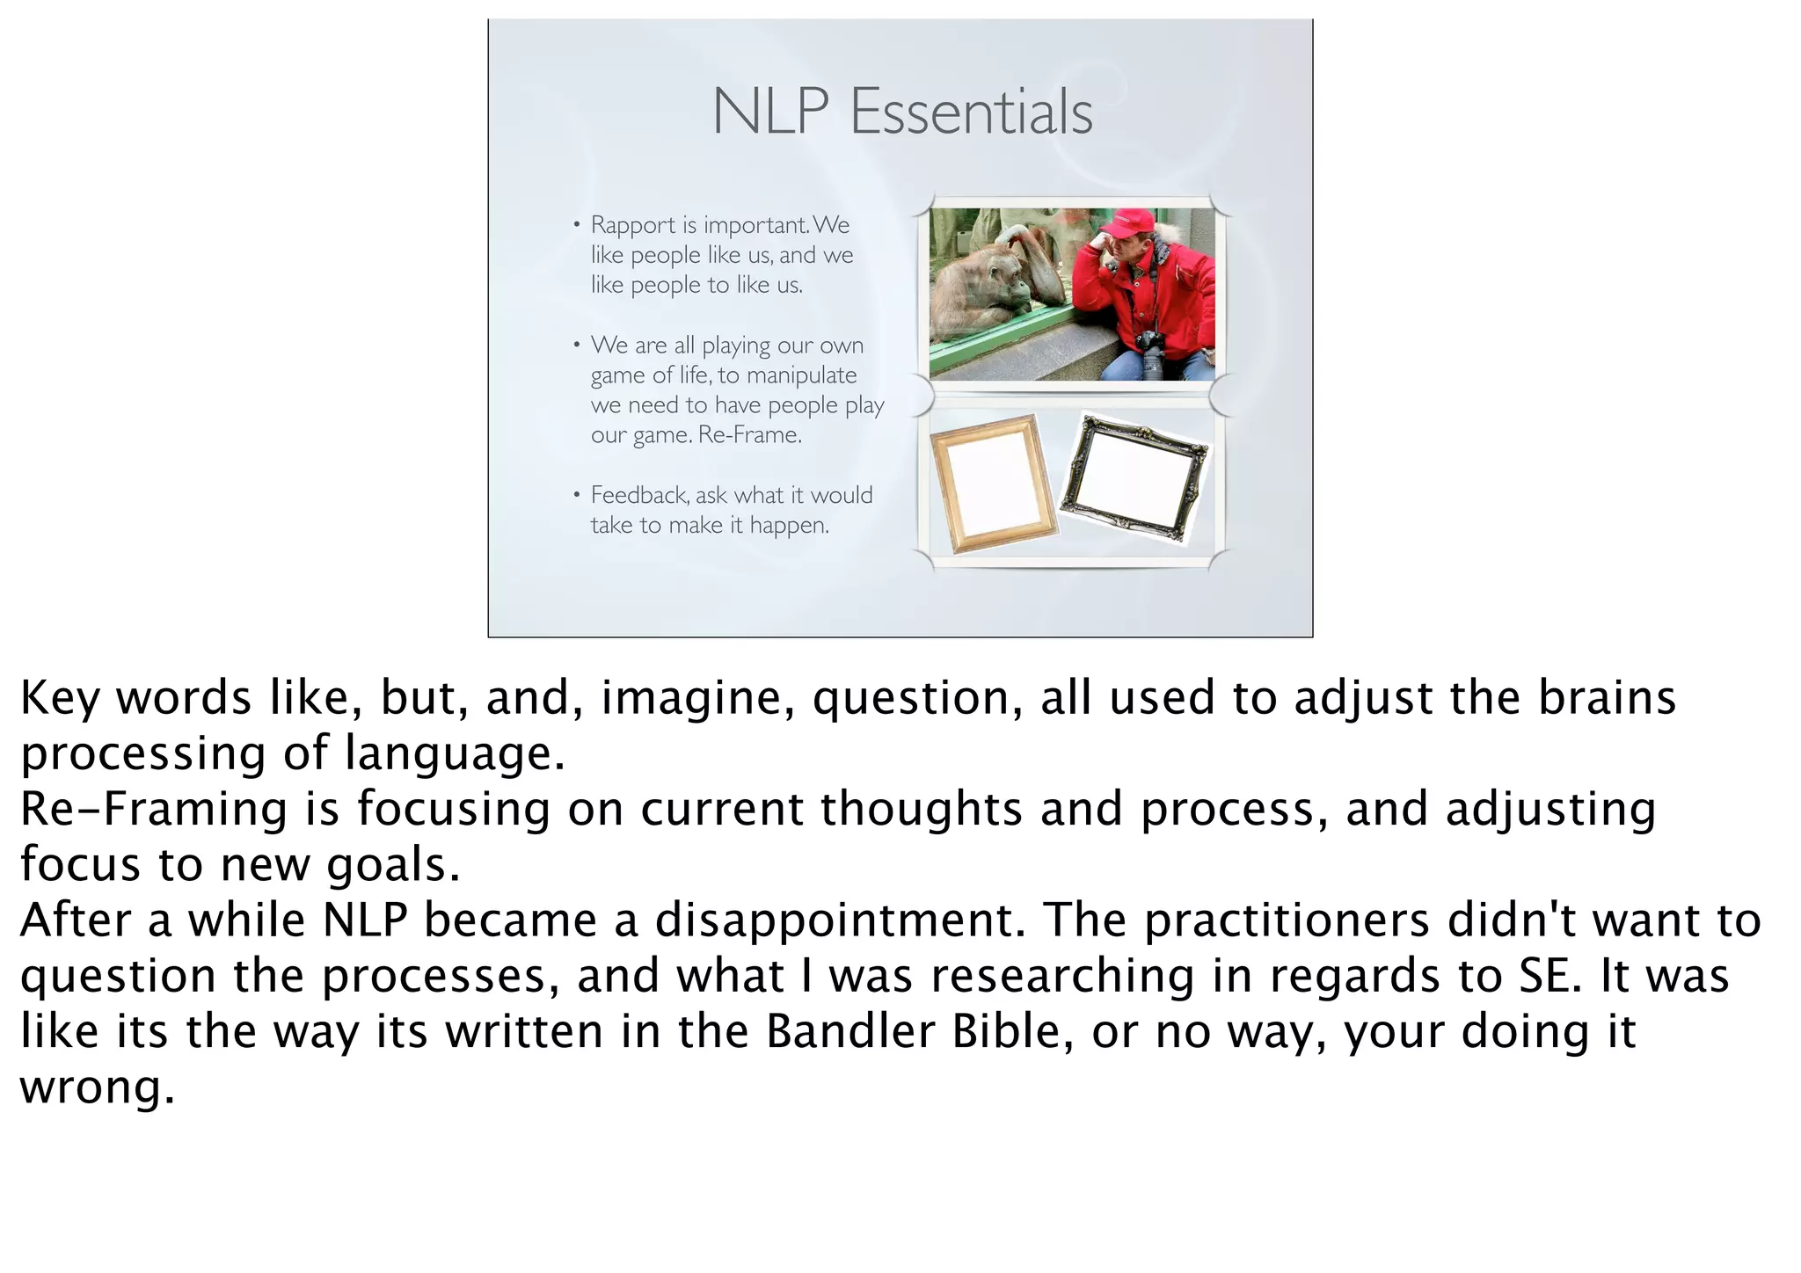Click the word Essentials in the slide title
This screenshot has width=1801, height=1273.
point(971,113)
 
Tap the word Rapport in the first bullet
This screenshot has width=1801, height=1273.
point(633,225)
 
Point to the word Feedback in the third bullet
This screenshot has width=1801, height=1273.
point(639,495)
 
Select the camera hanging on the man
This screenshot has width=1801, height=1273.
point(1148,354)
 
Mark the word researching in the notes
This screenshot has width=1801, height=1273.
point(1061,977)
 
